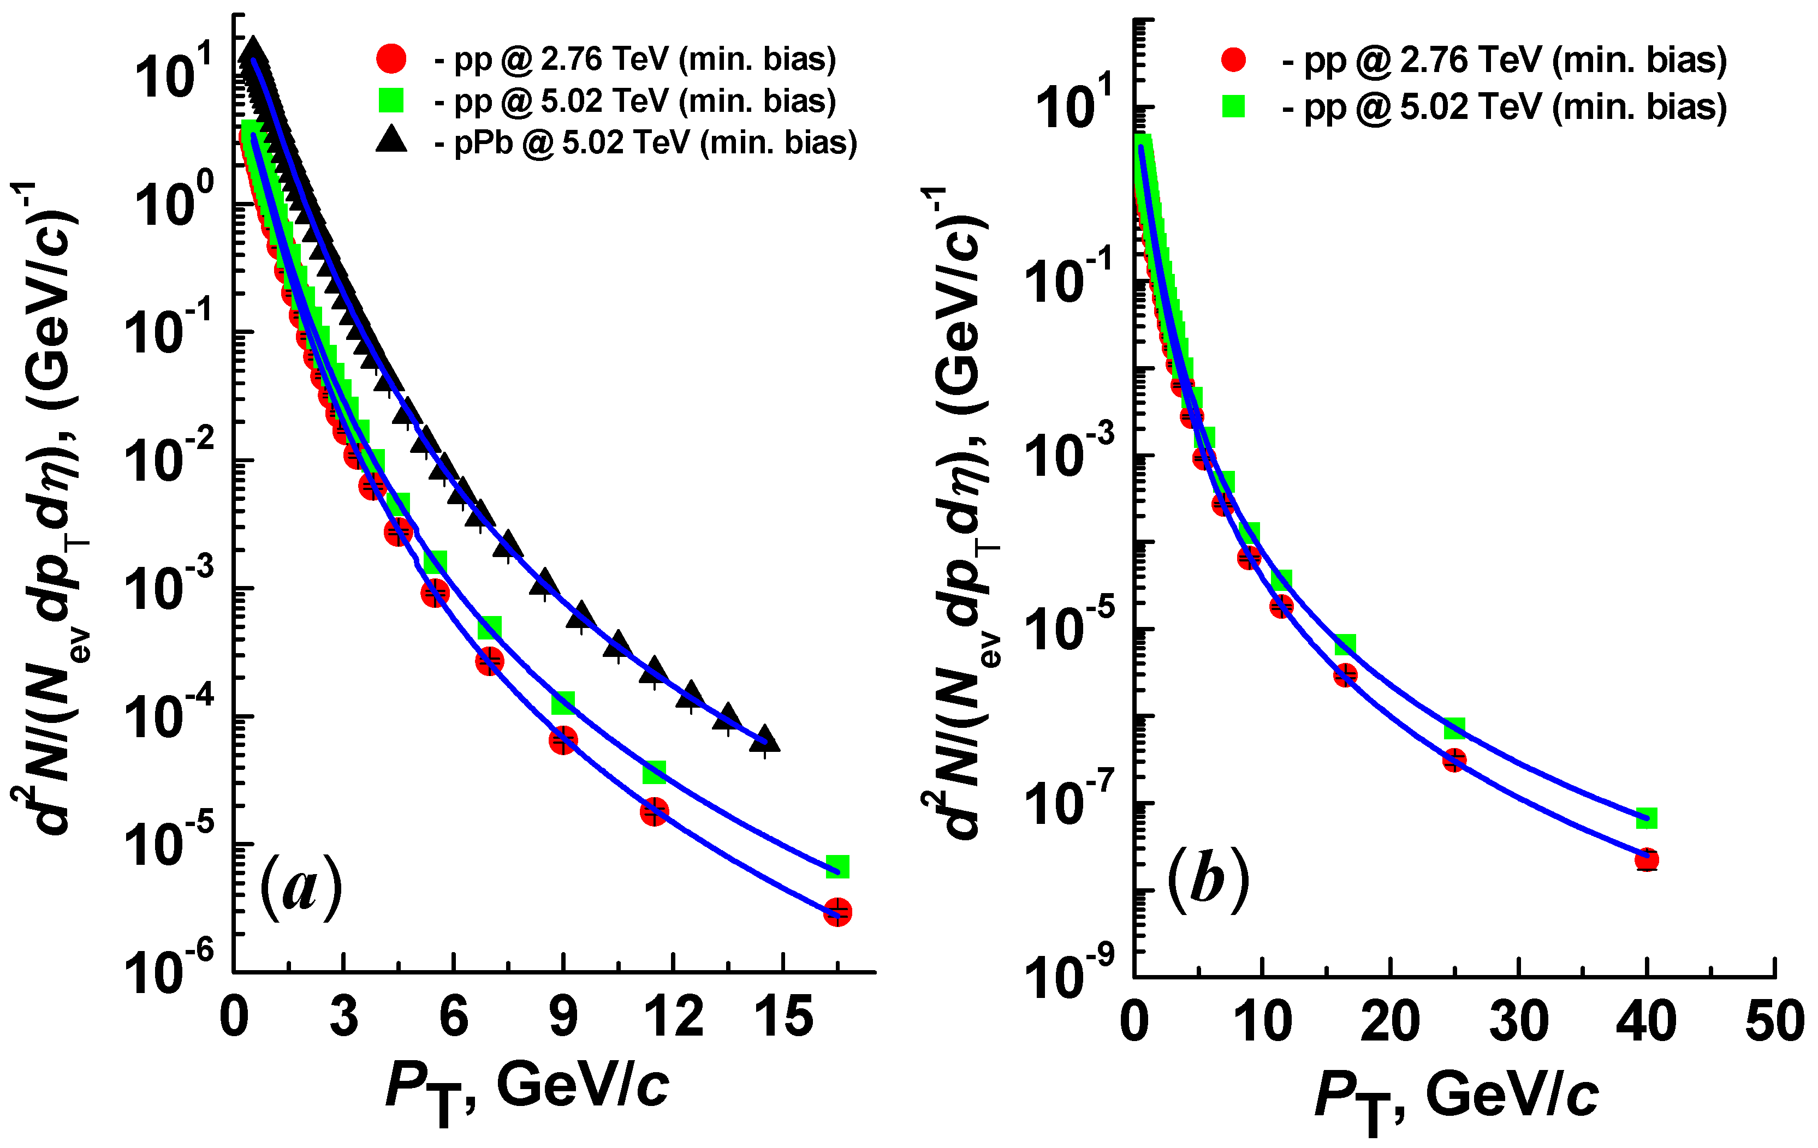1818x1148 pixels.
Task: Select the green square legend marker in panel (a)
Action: [391, 100]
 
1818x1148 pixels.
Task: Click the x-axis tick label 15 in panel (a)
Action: [783, 1017]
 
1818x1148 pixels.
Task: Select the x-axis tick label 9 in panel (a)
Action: [563, 1017]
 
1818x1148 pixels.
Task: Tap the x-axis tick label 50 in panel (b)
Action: [1774, 1023]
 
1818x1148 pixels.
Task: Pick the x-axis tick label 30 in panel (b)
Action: [1518, 1023]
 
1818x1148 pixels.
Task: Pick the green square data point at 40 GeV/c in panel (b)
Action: [1647, 817]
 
